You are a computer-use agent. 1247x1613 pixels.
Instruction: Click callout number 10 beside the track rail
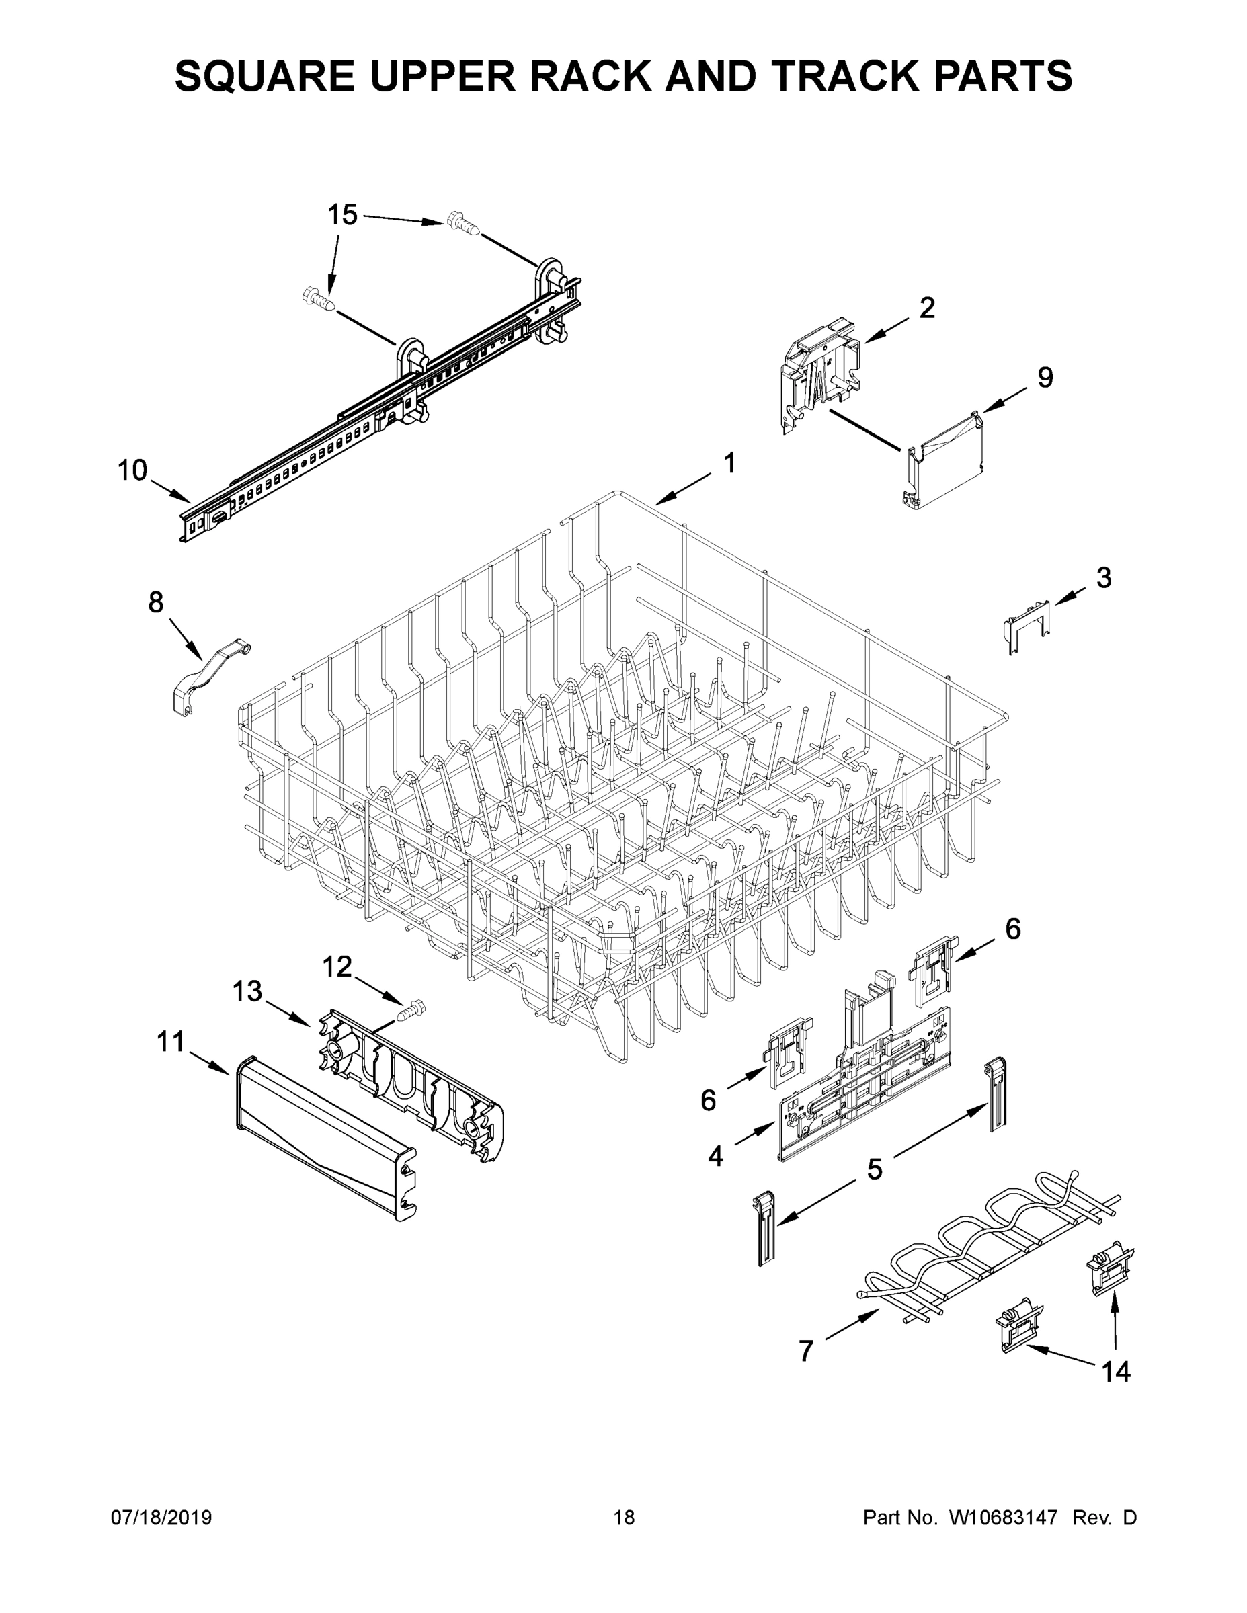(133, 470)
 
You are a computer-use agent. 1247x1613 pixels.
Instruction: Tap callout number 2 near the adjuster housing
(926, 307)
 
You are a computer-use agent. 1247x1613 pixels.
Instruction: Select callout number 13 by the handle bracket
(247, 992)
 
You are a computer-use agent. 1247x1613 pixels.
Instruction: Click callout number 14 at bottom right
(1115, 1372)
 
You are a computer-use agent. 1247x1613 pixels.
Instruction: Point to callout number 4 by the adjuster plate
(715, 1157)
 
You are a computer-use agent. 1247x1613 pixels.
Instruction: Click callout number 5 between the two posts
(874, 1169)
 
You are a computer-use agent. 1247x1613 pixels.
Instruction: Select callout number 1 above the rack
(729, 463)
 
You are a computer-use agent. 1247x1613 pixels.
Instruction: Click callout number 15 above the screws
(342, 215)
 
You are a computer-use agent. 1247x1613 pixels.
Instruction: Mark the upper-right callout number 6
(1013, 928)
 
